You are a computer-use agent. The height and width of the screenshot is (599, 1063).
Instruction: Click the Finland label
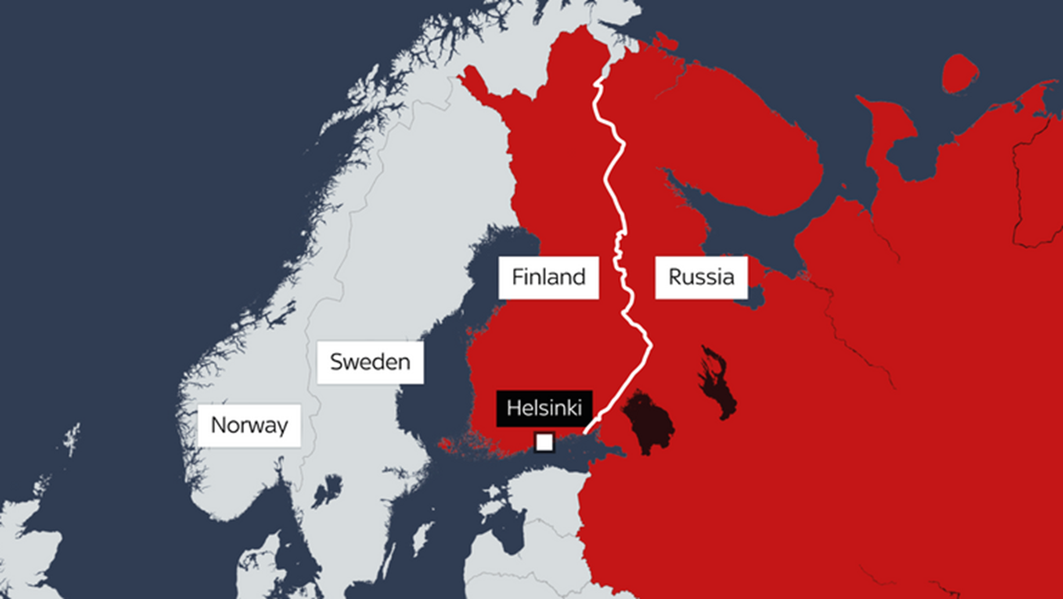click(x=548, y=277)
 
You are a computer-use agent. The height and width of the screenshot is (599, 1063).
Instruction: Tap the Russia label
click(x=701, y=277)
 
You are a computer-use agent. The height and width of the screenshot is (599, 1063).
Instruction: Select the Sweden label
click(x=370, y=362)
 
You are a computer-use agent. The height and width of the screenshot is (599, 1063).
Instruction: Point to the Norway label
click(x=249, y=425)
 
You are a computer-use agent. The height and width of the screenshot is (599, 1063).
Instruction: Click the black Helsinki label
click(x=544, y=408)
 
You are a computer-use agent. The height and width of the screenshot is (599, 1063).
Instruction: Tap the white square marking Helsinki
click(x=544, y=442)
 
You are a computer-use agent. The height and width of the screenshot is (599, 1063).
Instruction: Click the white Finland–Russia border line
click(x=610, y=170)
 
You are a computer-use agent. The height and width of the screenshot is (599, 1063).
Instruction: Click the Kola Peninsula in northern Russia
click(x=735, y=130)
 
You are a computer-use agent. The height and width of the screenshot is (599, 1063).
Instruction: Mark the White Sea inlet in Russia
click(x=752, y=226)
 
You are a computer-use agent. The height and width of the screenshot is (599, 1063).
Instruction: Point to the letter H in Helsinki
click(x=512, y=408)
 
